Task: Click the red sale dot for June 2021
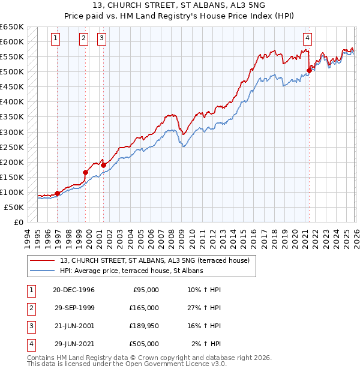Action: coord(309,70)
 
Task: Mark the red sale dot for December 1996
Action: coord(58,193)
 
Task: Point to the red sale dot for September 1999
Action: coord(85,172)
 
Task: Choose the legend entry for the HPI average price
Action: coord(131,271)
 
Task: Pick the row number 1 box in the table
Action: coord(30,290)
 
